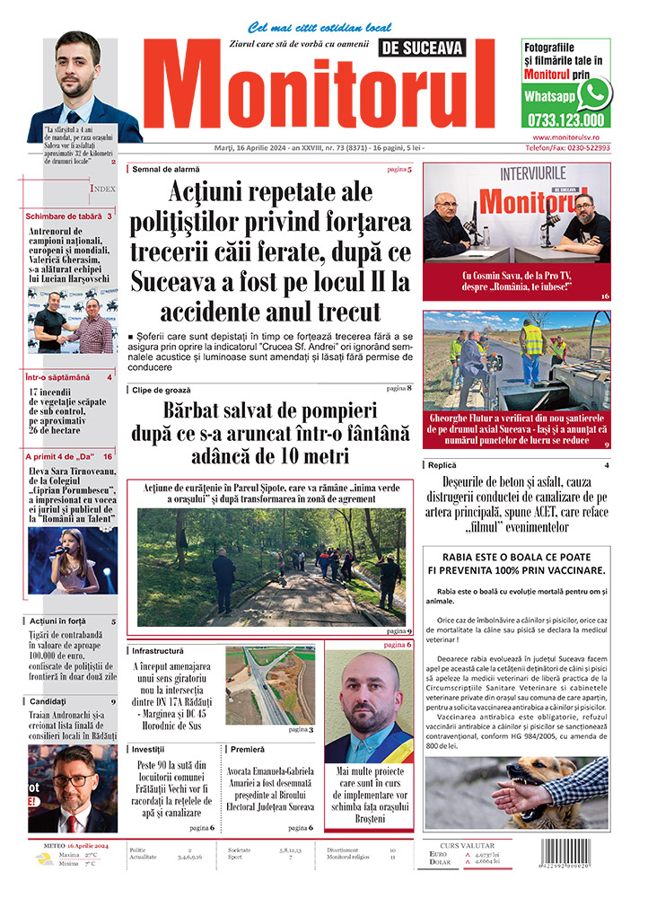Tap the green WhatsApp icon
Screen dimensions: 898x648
click(x=594, y=93)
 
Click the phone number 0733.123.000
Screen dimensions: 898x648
click(x=565, y=119)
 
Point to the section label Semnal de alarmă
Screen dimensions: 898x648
click(x=166, y=169)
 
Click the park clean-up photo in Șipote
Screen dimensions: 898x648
click(x=269, y=568)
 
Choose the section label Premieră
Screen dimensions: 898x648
click(x=247, y=748)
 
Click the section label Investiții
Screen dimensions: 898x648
click(x=149, y=748)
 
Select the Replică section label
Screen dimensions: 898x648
click(x=443, y=465)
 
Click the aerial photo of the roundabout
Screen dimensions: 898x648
click(x=269, y=685)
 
